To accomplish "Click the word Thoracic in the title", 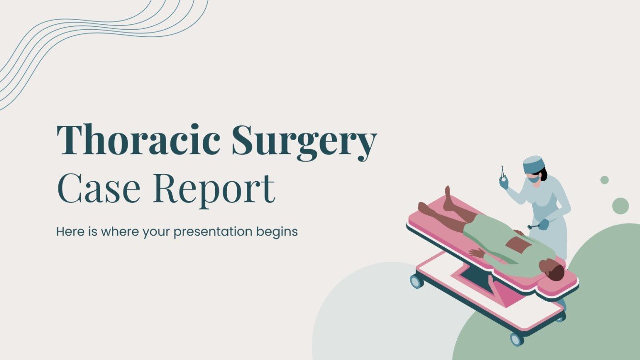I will click(139, 140).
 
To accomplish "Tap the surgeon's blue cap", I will click(533, 164).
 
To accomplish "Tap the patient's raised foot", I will click(449, 198).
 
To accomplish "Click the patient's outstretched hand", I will click(475, 253).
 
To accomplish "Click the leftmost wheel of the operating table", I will click(416, 280).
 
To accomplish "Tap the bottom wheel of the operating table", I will click(517, 339).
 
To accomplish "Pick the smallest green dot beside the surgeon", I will click(605, 180).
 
